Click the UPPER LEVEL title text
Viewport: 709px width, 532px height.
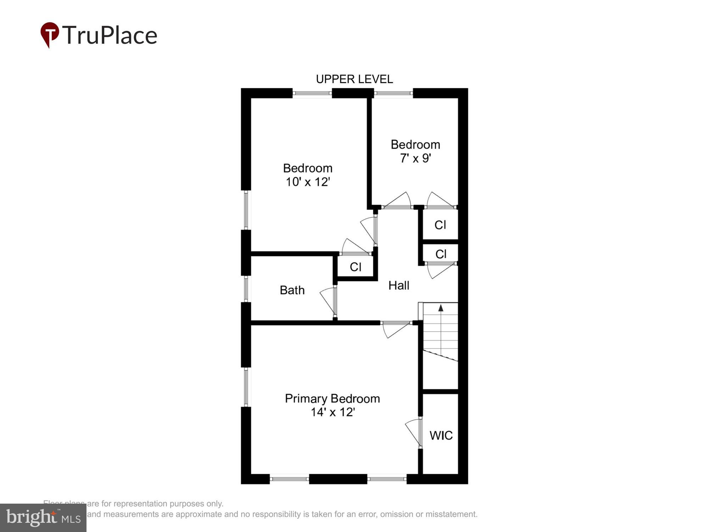pyautogui.click(x=354, y=79)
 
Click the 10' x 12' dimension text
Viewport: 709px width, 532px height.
pyautogui.click(x=308, y=182)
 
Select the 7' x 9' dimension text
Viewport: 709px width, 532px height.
pyautogui.click(x=415, y=158)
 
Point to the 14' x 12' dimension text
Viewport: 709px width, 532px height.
pyautogui.click(x=333, y=412)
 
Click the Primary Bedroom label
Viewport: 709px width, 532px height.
pyautogui.click(x=332, y=399)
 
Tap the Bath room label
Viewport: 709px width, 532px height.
pyautogui.click(x=292, y=290)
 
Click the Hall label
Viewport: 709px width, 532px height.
pyautogui.click(x=398, y=286)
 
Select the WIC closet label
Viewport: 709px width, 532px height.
pyautogui.click(x=441, y=436)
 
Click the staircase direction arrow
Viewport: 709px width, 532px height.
pyautogui.click(x=441, y=308)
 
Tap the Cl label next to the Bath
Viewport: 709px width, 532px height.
pyautogui.click(x=355, y=267)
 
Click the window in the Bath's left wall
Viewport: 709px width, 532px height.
pyautogui.click(x=246, y=289)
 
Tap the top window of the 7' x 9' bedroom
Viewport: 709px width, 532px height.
pyautogui.click(x=393, y=94)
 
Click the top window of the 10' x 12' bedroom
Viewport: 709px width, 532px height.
pyautogui.click(x=312, y=94)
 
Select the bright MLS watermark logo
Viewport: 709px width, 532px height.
pyautogui.click(x=43, y=518)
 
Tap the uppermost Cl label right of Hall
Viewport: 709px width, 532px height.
pyautogui.click(x=440, y=225)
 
